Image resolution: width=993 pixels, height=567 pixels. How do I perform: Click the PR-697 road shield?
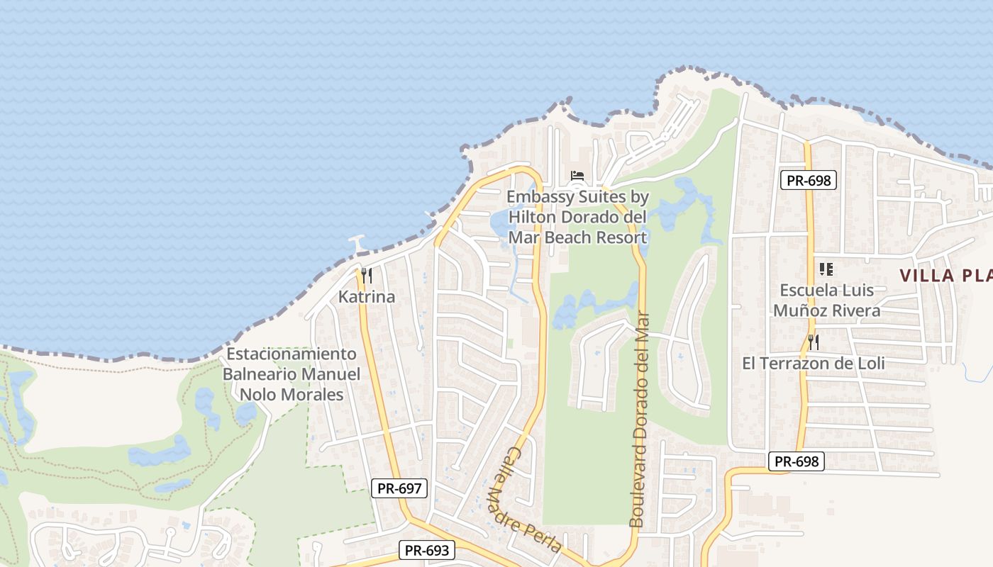(399, 488)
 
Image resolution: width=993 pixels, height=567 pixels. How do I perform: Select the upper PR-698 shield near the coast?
(809, 180)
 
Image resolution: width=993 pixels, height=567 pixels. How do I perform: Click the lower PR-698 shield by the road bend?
(797, 462)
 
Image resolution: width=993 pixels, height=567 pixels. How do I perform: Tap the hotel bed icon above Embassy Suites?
(577, 175)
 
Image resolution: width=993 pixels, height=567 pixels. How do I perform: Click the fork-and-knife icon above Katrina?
(367, 276)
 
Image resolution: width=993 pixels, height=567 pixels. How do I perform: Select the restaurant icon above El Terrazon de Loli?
(814, 342)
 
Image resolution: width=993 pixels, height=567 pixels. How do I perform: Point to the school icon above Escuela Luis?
(826, 269)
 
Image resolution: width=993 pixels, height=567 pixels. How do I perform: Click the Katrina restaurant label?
(367, 297)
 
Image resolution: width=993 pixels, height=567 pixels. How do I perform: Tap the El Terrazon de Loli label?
(814, 364)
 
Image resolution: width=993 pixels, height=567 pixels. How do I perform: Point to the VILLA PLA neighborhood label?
(946, 276)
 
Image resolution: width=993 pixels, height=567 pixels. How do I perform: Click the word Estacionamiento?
(291, 354)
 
